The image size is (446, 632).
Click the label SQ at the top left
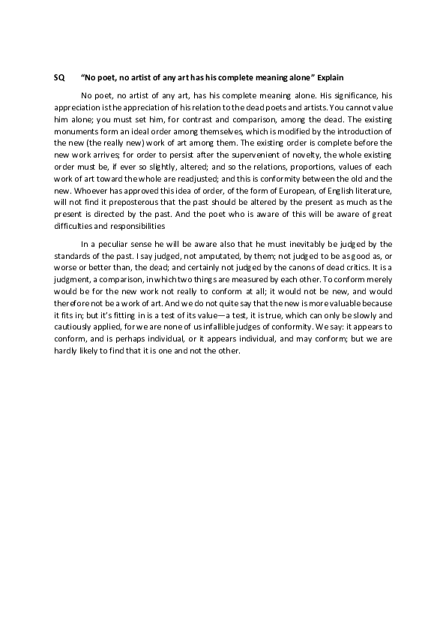(x=59, y=77)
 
